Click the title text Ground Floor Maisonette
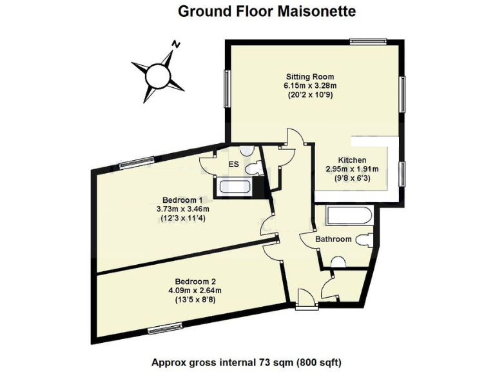[266, 11]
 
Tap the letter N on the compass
[175, 45]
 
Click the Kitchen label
[353, 160]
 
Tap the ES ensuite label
[233, 165]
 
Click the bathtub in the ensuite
[237, 187]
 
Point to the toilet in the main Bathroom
[364, 240]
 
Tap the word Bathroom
[333, 240]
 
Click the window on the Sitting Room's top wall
[368, 41]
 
